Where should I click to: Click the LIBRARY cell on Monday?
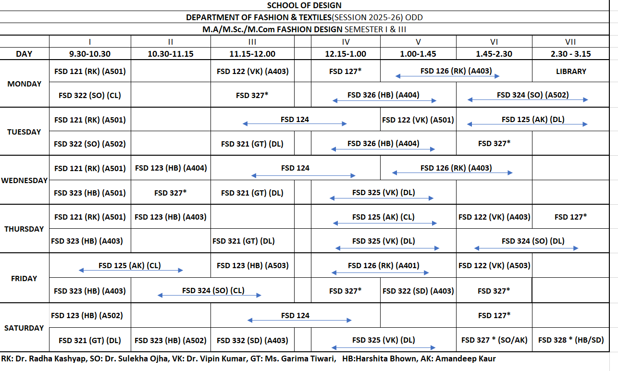(571, 71)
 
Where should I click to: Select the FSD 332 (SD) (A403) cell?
(252, 340)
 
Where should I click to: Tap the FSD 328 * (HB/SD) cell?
(570, 340)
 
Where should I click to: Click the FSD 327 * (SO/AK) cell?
(494, 340)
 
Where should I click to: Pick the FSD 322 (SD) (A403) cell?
(418, 291)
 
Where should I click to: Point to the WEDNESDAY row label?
(25, 181)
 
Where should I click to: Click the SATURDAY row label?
(24, 328)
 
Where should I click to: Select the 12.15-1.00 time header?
(346, 54)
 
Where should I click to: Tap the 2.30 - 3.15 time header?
(570, 54)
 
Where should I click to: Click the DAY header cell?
(24, 54)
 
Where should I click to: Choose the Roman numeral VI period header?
(494, 42)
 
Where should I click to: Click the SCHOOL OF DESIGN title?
(304, 5)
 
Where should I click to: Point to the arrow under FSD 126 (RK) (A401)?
(380, 273)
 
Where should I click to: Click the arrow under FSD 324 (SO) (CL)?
(210, 295)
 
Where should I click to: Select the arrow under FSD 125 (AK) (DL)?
(527, 124)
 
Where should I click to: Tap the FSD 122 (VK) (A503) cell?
(494, 265)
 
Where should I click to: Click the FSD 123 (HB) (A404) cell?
(171, 168)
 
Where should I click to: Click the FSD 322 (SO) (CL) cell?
(90, 95)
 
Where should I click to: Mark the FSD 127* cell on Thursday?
(570, 217)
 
